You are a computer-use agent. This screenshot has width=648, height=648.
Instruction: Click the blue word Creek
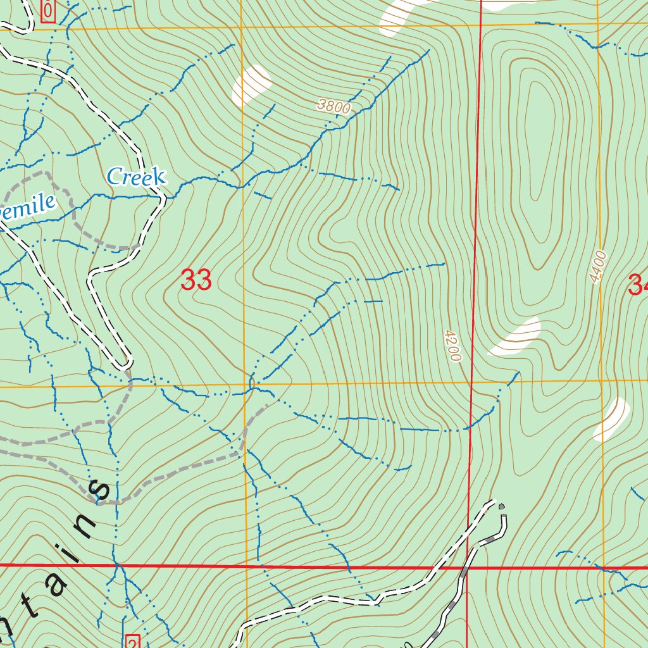coord(136,177)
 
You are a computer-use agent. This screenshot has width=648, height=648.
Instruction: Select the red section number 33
coord(196,280)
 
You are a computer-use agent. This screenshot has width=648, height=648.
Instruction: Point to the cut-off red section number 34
coord(638,285)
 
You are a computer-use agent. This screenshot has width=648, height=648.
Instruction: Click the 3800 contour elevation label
coord(333,107)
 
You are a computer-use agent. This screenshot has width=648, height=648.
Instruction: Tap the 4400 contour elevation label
coord(597,267)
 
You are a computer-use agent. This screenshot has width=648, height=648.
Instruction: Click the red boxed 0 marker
coord(48,11)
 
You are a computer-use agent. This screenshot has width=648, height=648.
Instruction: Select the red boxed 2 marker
coord(132,640)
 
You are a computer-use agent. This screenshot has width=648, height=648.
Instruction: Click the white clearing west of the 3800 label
coord(251,85)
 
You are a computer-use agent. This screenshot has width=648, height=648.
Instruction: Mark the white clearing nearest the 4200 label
coord(515,336)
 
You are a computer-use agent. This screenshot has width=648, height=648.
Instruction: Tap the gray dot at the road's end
coord(502,506)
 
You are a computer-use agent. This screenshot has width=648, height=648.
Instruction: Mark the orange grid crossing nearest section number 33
coord(244,384)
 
